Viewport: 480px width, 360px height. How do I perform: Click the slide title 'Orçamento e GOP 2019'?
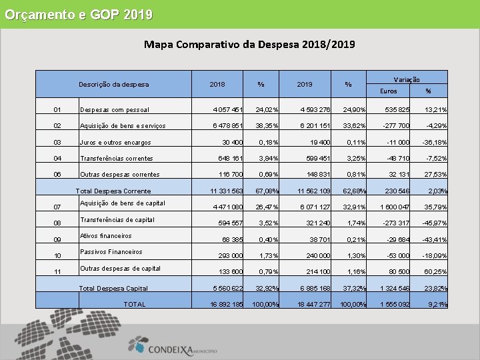79,14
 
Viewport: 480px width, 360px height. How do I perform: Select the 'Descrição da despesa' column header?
113,85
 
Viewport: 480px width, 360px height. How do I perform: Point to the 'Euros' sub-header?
388,91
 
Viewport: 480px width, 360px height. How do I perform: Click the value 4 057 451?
227,110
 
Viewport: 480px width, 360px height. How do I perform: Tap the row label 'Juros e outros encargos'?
115,142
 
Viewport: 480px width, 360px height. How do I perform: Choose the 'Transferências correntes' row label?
117,158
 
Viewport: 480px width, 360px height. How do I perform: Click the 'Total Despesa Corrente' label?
113,191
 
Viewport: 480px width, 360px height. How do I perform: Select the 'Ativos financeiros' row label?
106,235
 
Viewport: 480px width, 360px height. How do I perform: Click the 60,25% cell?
434,272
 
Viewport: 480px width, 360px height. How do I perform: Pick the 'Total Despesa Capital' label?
113,289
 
